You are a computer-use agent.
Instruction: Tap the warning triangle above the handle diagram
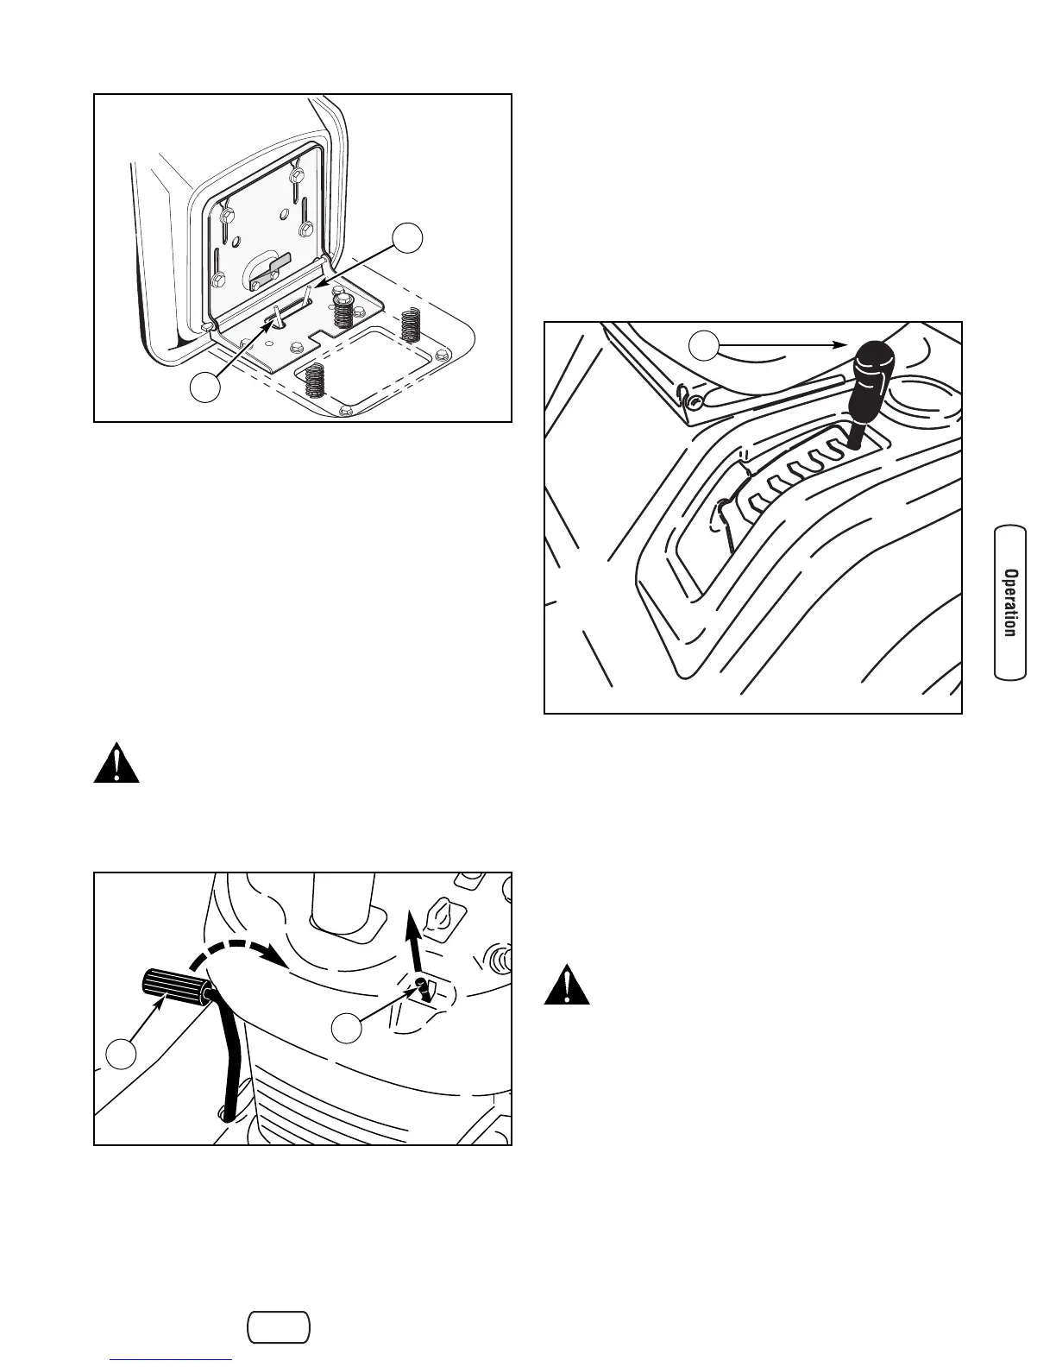click(116, 761)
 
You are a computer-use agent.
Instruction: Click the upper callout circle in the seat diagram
click(408, 239)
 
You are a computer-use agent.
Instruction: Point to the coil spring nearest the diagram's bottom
click(314, 380)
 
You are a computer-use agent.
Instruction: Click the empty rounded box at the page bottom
click(278, 1327)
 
